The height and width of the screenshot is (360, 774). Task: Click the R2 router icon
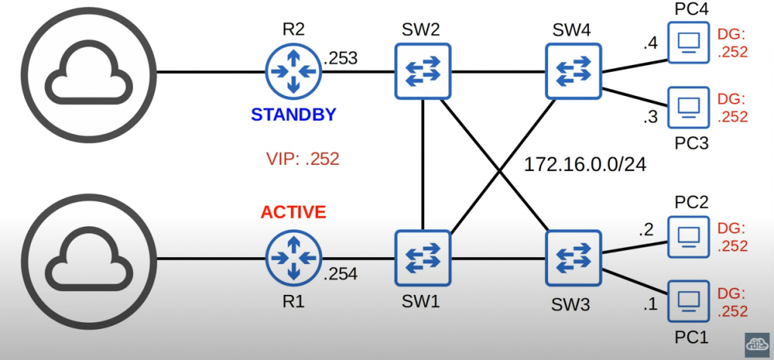pyautogui.click(x=293, y=71)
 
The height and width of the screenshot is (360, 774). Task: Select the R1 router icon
pyautogui.click(x=293, y=259)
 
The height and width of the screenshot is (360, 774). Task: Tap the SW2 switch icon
pyautogui.click(x=423, y=71)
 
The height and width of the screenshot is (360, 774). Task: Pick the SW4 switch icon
pyautogui.click(x=574, y=71)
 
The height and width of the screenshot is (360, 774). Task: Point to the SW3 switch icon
pyautogui.click(x=574, y=259)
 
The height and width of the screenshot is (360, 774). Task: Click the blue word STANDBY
pyautogui.click(x=293, y=116)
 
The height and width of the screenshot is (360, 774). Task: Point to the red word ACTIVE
pyautogui.click(x=293, y=213)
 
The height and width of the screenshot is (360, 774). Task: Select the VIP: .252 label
pyautogui.click(x=302, y=160)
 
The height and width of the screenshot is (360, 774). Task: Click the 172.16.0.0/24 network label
pyautogui.click(x=586, y=163)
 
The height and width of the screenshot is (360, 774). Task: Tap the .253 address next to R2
pyautogui.click(x=341, y=57)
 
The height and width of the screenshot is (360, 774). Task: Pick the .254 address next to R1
pyautogui.click(x=342, y=275)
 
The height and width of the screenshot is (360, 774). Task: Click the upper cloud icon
pyautogui.click(x=79, y=73)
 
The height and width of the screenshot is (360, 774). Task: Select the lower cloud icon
pyautogui.click(x=79, y=259)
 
